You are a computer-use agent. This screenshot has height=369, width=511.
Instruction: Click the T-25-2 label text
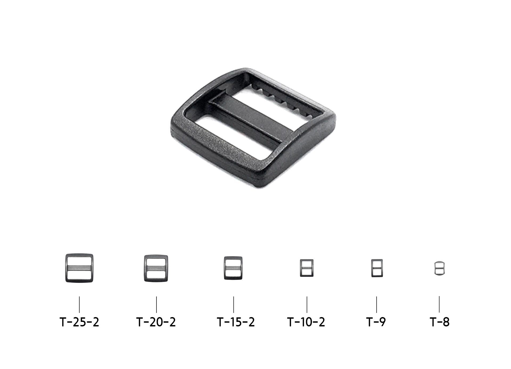[x=79, y=322]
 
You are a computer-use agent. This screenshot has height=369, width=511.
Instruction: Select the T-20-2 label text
[x=156, y=322]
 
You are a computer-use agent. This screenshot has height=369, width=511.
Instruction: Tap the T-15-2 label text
[x=236, y=322]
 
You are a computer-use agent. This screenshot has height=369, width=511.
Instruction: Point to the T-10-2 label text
[x=306, y=322]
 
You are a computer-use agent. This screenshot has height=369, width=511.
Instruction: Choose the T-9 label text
[x=376, y=322]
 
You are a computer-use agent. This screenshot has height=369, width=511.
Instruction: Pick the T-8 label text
[x=439, y=322]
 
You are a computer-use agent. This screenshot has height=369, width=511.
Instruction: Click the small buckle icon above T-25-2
[x=79, y=268]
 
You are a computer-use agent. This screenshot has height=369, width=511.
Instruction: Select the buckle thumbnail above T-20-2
[x=156, y=268]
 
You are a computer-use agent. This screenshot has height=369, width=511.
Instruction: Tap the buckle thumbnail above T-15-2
[x=233, y=268]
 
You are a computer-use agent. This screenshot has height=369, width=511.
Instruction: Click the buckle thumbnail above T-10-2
[x=307, y=268]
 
